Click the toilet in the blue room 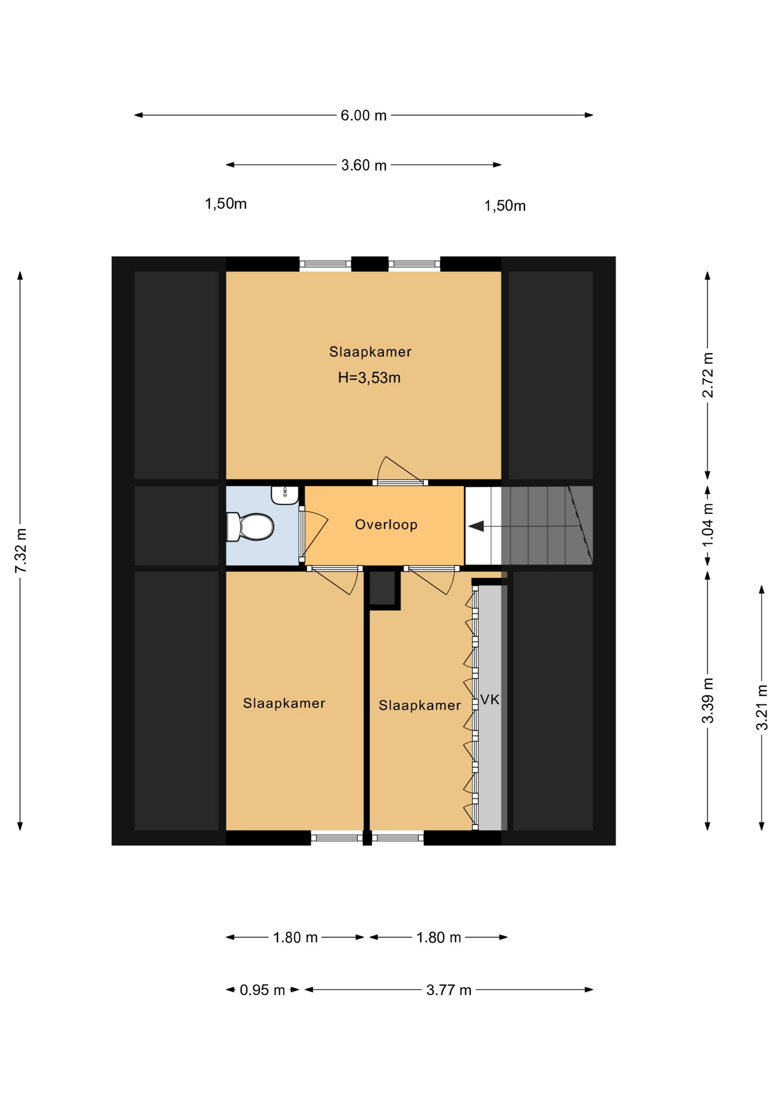[250, 527]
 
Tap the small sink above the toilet [284, 495]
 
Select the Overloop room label [386, 524]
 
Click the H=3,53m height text [369, 378]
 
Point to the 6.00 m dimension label [363, 115]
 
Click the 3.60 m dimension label [363, 165]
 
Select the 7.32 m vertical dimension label [21, 551]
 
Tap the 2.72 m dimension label [708, 375]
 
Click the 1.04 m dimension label [708, 525]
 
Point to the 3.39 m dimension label [708, 700]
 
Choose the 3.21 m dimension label [762, 707]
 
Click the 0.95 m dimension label [262, 990]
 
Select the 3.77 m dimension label [449, 990]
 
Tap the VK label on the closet [489, 699]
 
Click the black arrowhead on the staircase [476, 526]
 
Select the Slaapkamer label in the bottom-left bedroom [284, 703]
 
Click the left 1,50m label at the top [226, 204]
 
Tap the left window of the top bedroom [325, 264]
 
